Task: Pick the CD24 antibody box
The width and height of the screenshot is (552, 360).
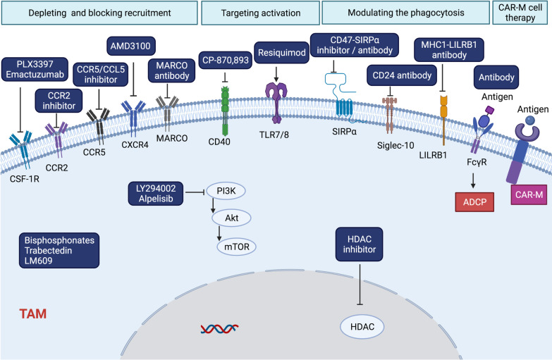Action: coord(393,72)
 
